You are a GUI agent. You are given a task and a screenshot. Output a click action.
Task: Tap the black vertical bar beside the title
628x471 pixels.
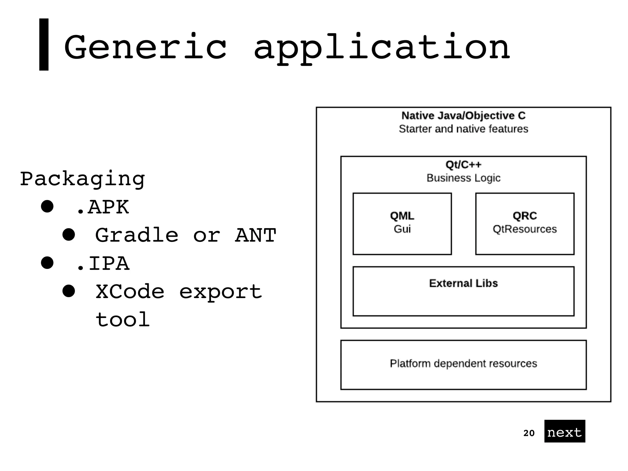tap(44, 44)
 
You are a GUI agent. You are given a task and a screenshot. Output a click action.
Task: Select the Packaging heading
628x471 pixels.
tap(82, 179)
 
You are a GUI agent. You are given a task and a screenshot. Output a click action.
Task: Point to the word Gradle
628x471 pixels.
tap(137, 235)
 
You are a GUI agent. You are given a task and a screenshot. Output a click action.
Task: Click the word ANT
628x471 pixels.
tap(255, 235)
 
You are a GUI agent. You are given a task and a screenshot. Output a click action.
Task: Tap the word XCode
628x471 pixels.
tap(130, 292)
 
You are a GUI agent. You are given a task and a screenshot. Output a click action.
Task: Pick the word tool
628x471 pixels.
tap(123, 320)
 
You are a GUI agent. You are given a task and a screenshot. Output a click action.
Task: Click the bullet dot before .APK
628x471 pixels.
tap(47, 206)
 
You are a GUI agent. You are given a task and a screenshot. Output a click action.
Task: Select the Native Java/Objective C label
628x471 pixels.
tap(463, 116)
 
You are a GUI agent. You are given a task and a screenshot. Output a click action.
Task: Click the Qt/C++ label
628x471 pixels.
tap(463, 165)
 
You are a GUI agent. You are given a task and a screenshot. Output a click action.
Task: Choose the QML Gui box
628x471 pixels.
tap(402, 224)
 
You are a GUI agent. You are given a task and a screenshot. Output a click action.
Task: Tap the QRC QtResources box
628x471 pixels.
tap(525, 224)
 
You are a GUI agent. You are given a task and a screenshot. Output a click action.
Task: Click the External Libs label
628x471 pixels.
tap(463, 283)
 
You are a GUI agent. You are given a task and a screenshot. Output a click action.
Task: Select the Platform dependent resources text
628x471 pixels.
tap(463, 363)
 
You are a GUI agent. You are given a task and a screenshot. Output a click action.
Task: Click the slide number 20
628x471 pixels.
tap(529, 433)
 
